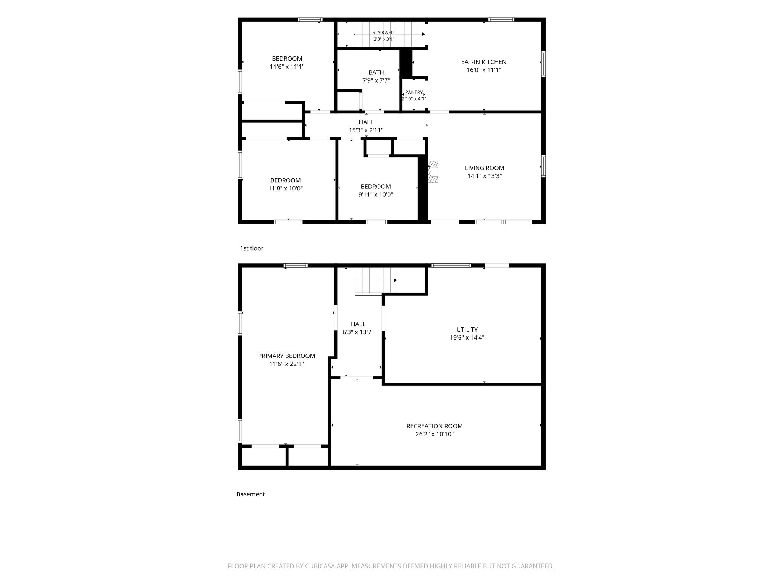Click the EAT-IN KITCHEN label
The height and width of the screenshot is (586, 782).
pyautogui.click(x=484, y=62)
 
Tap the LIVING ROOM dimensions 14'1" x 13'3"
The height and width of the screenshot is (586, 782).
pyautogui.click(x=485, y=176)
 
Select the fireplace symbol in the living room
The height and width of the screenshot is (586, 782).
pyautogui.click(x=433, y=172)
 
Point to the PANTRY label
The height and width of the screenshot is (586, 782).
pyautogui.click(x=414, y=92)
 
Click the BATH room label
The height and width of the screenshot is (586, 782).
pyautogui.click(x=376, y=72)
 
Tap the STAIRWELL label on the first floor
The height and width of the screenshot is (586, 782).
pyautogui.click(x=384, y=32)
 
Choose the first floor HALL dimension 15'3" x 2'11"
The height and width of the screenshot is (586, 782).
pyautogui.click(x=366, y=130)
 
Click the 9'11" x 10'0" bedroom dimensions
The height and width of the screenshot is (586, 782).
pyautogui.click(x=376, y=195)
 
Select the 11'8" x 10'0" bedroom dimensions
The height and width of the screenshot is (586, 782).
pyautogui.click(x=286, y=188)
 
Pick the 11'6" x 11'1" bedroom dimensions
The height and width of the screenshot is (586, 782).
pyautogui.click(x=287, y=66)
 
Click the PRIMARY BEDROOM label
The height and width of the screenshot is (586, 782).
pyautogui.click(x=286, y=356)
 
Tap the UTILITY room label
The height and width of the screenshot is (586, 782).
pyautogui.click(x=467, y=330)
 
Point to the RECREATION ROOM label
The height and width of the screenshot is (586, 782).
pyautogui.click(x=435, y=426)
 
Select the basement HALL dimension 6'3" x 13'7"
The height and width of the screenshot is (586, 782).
pyautogui.click(x=358, y=332)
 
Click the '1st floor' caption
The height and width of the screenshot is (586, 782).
pyautogui.click(x=252, y=248)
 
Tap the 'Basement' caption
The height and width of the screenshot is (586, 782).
pyautogui.click(x=250, y=494)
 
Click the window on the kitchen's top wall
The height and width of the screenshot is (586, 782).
pyautogui.click(x=501, y=19)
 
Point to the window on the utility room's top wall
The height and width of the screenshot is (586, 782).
pyautogui.click(x=451, y=266)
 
